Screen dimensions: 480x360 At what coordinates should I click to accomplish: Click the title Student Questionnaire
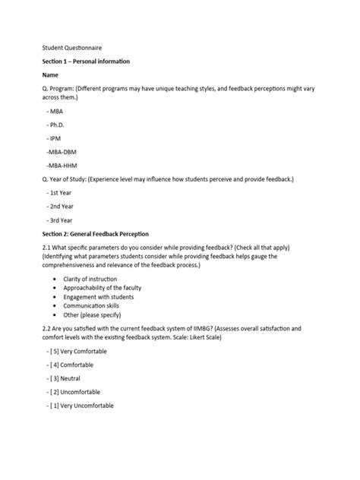click(x=71, y=46)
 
